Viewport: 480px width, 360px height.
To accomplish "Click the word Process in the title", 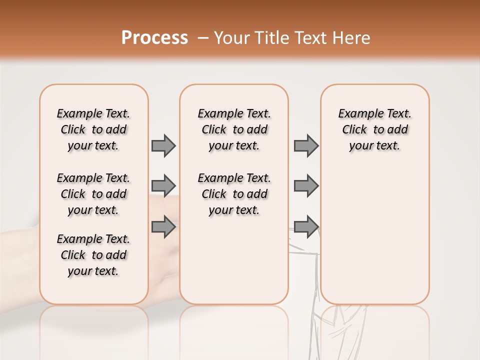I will tap(154, 37).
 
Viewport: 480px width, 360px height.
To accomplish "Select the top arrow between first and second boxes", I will tap(163, 145).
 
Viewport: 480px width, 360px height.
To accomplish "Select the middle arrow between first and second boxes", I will tap(163, 186).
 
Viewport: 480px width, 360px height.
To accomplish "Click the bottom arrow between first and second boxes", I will tap(163, 227).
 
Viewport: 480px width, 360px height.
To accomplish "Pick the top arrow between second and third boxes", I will tap(306, 145).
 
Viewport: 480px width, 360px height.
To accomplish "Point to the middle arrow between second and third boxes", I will tap(306, 186).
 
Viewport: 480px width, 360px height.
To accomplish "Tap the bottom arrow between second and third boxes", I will tap(306, 227).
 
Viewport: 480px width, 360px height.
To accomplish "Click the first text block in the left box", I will tap(93, 129).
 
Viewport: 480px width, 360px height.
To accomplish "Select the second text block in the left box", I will tap(93, 194).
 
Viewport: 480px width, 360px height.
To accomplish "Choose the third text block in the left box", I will tap(93, 255).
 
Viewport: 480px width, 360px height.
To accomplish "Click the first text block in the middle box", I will tap(234, 129).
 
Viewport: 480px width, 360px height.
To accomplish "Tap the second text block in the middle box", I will tap(234, 194).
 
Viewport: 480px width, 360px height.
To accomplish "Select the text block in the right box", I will tap(374, 129).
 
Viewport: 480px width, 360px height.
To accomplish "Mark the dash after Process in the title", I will tap(202, 38).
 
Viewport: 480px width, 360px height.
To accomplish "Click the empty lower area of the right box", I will tap(374, 240).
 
